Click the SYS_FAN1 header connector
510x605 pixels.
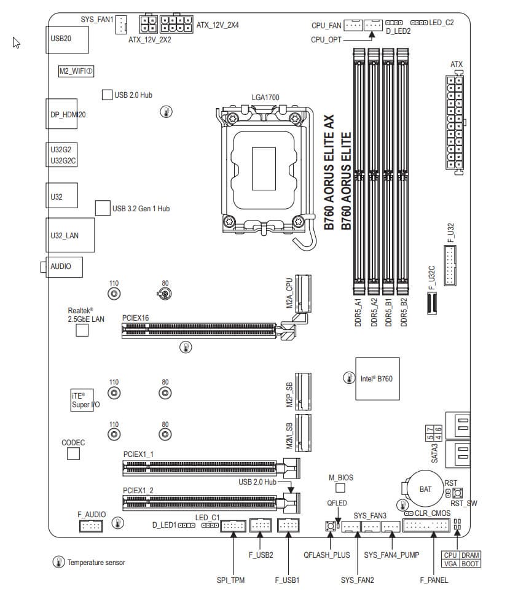click(122, 24)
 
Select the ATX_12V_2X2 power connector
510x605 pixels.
click(148, 25)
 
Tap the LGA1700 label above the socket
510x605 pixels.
click(265, 98)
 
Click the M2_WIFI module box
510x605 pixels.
click(76, 71)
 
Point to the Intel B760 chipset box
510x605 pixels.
click(377, 378)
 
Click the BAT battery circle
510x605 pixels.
click(425, 489)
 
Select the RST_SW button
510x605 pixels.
click(457, 493)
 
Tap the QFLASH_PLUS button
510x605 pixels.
click(330, 526)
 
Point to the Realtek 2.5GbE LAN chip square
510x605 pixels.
click(82, 330)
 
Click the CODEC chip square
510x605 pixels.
click(74, 454)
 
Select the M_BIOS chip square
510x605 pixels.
click(340, 488)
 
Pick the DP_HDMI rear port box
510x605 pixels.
click(62, 114)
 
